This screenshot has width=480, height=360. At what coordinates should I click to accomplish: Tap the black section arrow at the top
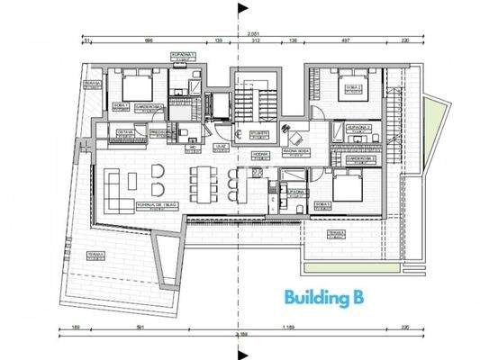[240, 11]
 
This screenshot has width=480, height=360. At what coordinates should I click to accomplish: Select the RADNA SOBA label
[297, 150]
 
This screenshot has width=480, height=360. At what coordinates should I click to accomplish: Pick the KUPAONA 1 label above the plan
[184, 56]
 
